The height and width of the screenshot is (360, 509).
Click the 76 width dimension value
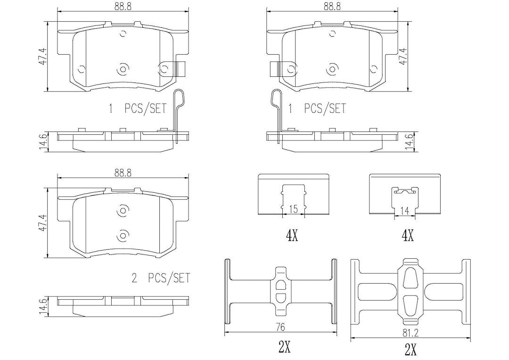click(x=281, y=327)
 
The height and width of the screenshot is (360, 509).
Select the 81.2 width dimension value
click(x=410, y=334)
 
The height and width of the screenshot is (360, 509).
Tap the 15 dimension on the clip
click(x=293, y=209)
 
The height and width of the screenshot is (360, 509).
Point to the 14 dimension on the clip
click(x=404, y=211)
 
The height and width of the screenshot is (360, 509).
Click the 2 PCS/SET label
click(x=161, y=278)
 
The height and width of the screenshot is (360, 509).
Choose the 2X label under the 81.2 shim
click(x=410, y=350)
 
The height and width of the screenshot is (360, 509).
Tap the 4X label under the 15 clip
click(x=292, y=236)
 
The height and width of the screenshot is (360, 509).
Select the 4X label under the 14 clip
click(x=407, y=236)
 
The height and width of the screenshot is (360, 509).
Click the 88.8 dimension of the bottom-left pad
click(x=123, y=173)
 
